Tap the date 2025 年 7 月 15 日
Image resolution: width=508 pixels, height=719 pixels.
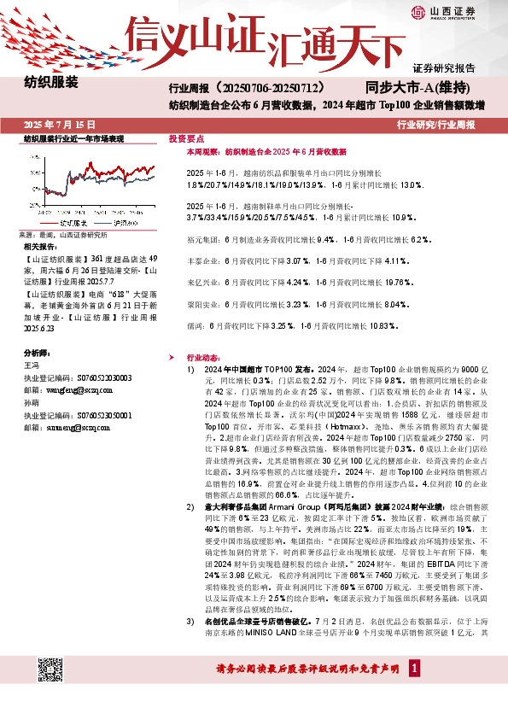tap(58, 124)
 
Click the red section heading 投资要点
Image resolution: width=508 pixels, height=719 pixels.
tap(185, 137)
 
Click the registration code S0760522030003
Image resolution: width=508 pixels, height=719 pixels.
tap(102, 376)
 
